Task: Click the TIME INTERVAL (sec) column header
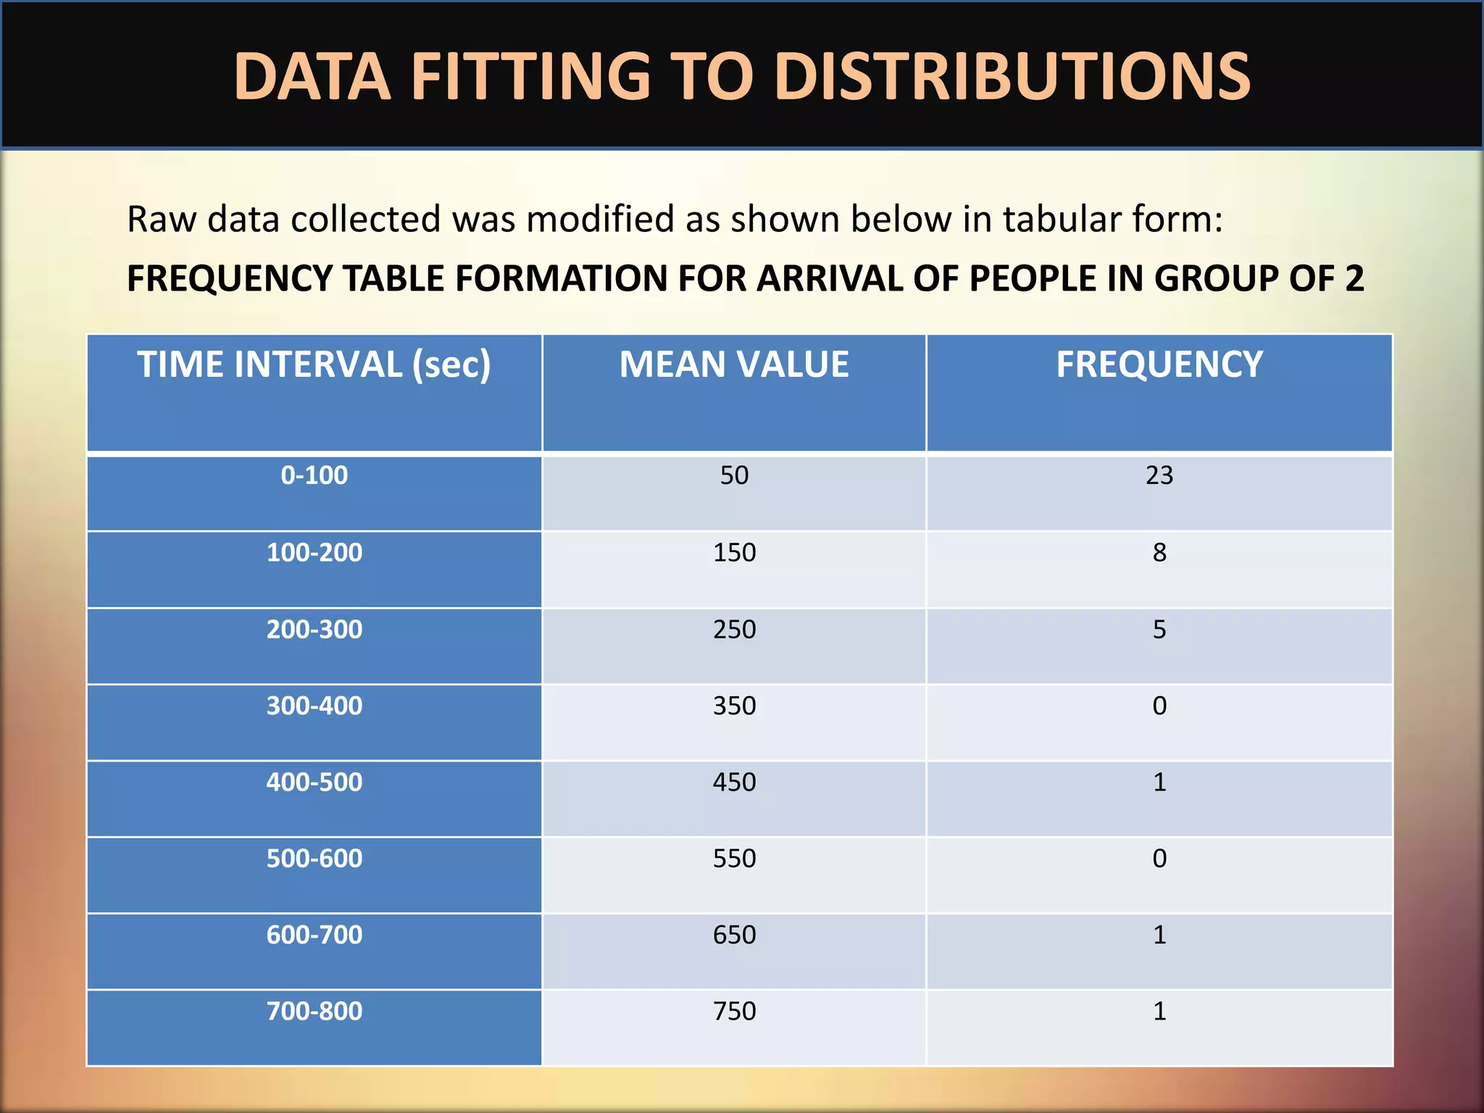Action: pos(314,364)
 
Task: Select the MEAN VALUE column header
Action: pos(733,364)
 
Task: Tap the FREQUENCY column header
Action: pos(1159,364)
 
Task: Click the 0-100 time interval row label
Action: pos(314,475)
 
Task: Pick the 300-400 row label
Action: pos(314,706)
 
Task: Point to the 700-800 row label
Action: pos(314,1011)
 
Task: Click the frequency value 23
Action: pos(1159,475)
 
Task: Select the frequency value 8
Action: pos(1159,553)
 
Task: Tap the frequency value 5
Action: pos(1159,630)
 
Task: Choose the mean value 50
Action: pos(733,475)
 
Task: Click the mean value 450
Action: pos(733,783)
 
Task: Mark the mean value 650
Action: pos(733,935)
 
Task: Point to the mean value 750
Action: pos(733,1011)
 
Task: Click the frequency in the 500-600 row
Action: pos(1159,859)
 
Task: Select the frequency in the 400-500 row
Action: pos(1159,783)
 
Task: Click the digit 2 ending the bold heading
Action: pos(1354,278)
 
